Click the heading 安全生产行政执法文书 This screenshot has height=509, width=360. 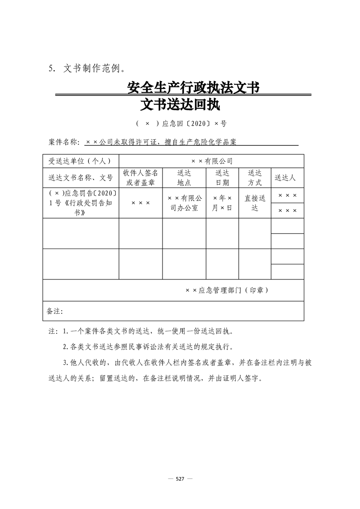pyautogui.click(x=193, y=88)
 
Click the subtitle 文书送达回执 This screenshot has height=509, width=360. pyautogui.click(x=180, y=105)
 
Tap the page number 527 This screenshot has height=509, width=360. pyautogui.click(x=180, y=479)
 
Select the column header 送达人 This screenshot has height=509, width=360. pyautogui.click(x=287, y=178)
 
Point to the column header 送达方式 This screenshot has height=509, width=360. pyautogui.click(x=255, y=178)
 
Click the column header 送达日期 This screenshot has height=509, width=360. pyautogui.click(x=222, y=178)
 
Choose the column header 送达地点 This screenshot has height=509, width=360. pyautogui.click(x=184, y=178)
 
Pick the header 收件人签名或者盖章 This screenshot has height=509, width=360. pyautogui.click(x=141, y=178)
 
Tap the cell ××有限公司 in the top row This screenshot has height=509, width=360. pyautogui.click(x=212, y=161)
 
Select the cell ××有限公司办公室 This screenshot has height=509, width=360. pyautogui.click(x=184, y=203)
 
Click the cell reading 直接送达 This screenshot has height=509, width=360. pyautogui.click(x=255, y=203)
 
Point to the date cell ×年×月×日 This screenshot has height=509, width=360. pyautogui.click(x=222, y=203)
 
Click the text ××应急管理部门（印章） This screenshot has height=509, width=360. pyautogui.click(x=227, y=290)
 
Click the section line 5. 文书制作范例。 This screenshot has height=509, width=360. pyautogui.click(x=86, y=69)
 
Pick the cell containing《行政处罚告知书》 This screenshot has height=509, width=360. pyautogui.click(x=80, y=203)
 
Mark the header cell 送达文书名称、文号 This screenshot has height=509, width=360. pyautogui.click(x=80, y=178)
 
